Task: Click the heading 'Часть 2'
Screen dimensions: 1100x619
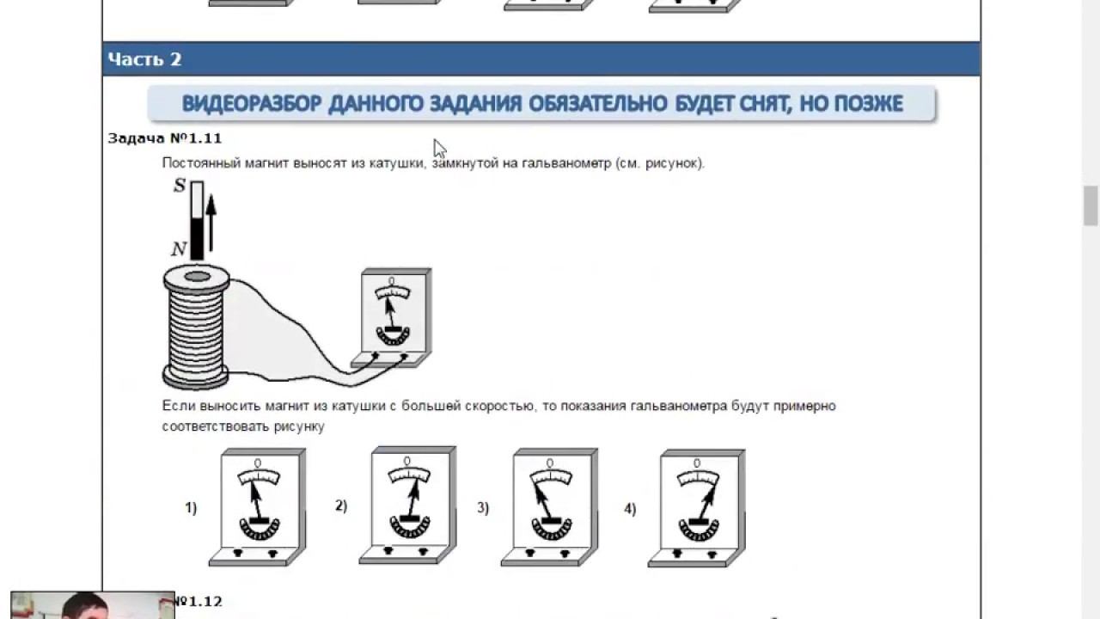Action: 144,59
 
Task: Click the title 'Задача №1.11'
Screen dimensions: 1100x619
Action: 164,138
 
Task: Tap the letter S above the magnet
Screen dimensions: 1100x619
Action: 180,186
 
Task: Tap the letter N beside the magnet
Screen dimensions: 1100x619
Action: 179,249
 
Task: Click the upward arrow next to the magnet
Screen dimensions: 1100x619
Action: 211,223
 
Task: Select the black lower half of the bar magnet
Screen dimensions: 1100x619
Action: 197,239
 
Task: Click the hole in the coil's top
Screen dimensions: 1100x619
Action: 198,277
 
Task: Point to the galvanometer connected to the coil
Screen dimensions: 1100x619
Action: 392,318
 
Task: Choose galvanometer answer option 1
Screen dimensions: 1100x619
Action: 257,507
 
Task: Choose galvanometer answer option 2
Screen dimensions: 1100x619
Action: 407,505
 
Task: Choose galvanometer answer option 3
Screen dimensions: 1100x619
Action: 549,507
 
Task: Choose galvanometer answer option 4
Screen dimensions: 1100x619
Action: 696,508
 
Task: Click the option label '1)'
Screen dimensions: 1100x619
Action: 191,507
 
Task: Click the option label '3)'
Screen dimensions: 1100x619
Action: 483,507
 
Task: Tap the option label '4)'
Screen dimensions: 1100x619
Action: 630,509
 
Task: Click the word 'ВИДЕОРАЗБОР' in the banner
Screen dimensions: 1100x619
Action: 252,104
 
